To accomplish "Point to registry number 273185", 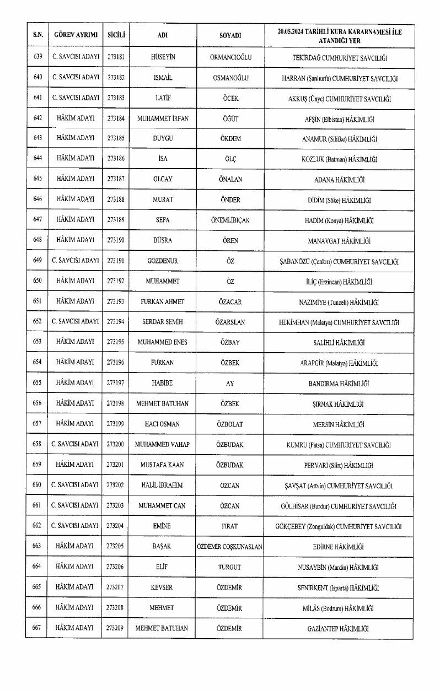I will click(116, 138).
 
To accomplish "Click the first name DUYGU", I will click(163, 138).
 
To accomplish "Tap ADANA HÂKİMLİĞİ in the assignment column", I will click(339, 180).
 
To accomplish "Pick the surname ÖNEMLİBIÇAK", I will click(230, 220).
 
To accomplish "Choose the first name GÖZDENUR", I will click(163, 261).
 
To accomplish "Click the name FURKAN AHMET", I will click(163, 302).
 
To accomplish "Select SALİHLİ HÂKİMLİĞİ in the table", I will click(339, 343).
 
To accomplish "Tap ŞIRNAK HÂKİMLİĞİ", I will click(339, 404).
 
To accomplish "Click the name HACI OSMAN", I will click(163, 424).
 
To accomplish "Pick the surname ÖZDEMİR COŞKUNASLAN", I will click(230, 547).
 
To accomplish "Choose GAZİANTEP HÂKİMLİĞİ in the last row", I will click(339, 628).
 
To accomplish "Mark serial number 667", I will click(37, 628).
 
